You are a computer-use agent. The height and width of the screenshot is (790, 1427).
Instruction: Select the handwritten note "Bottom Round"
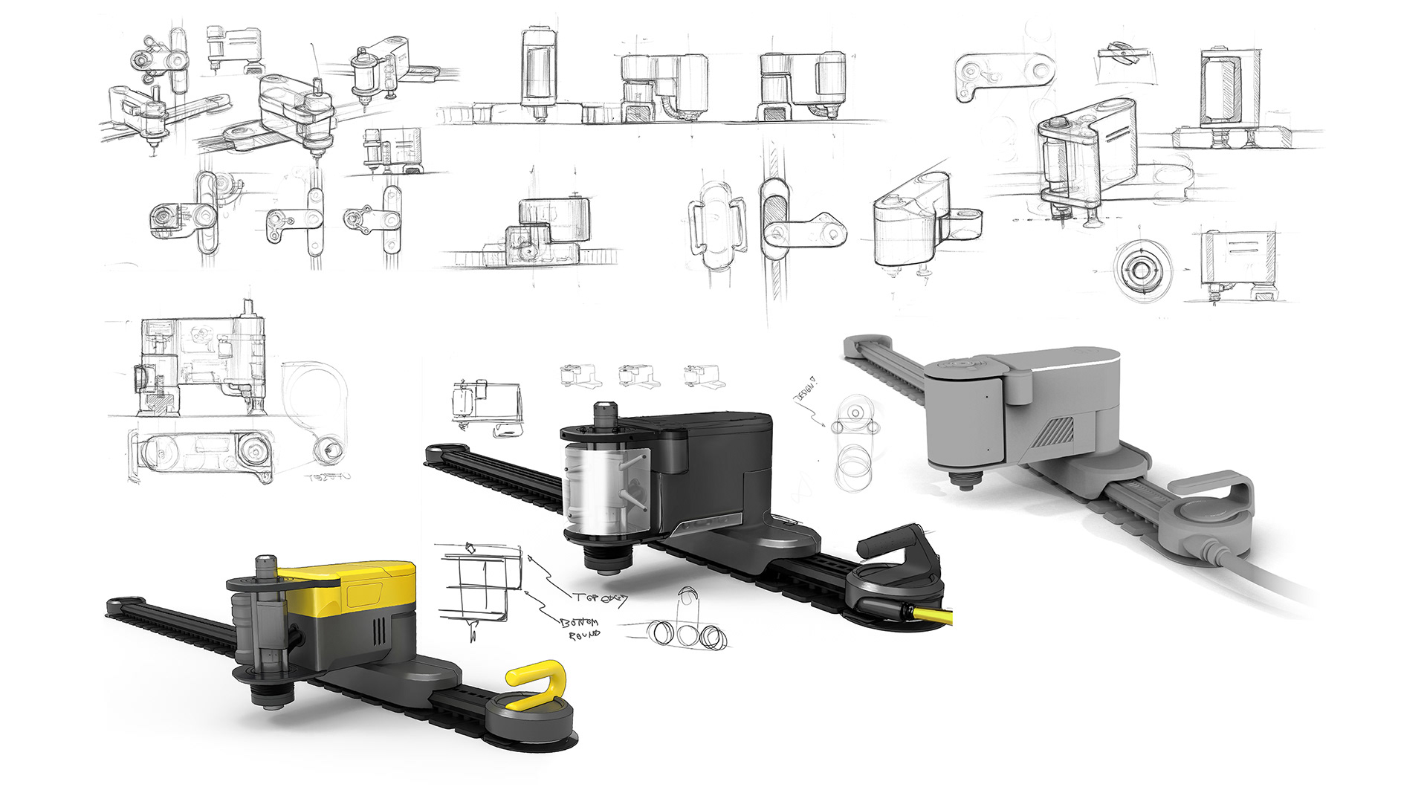(x=580, y=628)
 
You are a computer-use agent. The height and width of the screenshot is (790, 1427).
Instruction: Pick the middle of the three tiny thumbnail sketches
(x=639, y=375)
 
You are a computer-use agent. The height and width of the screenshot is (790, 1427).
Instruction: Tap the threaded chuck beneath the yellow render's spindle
(x=269, y=699)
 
